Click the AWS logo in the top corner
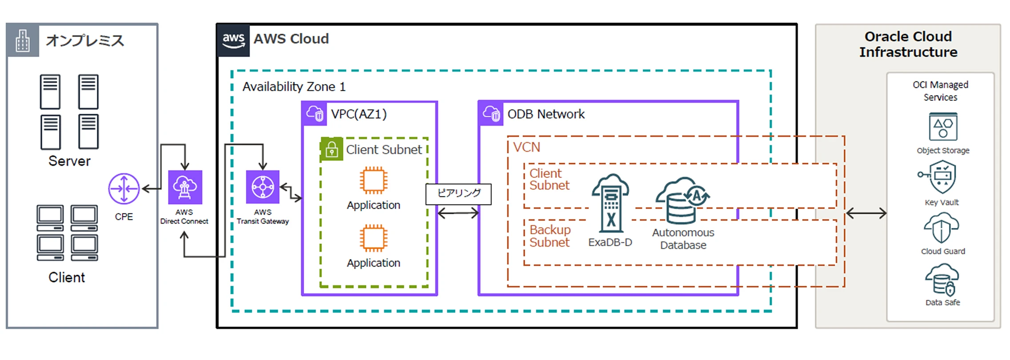[x=233, y=40]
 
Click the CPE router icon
[x=124, y=188]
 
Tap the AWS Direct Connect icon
[x=185, y=187]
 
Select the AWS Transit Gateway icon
[x=263, y=187]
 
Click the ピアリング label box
[x=458, y=194]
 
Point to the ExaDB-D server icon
[x=610, y=203]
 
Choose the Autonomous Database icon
[x=682, y=200]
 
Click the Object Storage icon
[x=943, y=127]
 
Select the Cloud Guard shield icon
[x=942, y=228]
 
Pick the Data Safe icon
[x=942, y=280]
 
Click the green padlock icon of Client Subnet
[x=332, y=149]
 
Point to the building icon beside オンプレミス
[x=23, y=40]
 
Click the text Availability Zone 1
[x=294, y=87]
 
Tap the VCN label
[x=527, y=147]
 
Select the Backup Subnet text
[x=549, y=236]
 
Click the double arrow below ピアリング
[x=458, y=213]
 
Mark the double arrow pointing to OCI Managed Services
[x=866, y=214]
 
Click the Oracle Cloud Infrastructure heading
[x=908, y=44]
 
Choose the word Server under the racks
[x=69, y=161]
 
